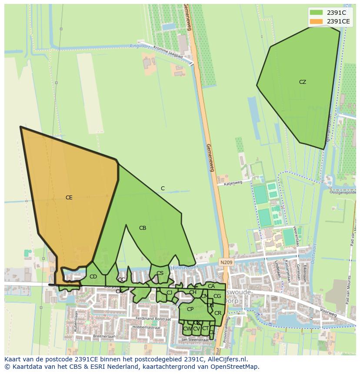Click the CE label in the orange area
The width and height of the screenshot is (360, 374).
click(x=69, y=198)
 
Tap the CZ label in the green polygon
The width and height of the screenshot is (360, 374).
click(x=303, y=82)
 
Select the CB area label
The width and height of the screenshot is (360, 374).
click(x=143, y=228)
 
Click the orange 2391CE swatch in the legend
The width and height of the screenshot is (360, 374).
click(x=316, y=21)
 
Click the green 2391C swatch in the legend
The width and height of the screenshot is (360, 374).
click(x=316, y=13)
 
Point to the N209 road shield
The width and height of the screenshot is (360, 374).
click(x=226, y=262)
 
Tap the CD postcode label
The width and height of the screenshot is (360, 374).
click(x=93, y=277)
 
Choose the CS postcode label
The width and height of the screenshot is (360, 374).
click(x=160, y=273)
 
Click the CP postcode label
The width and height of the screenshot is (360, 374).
click(x=190, y=309)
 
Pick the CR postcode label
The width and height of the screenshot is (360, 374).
click(x=218, y=313)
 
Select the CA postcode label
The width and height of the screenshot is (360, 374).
click(x=211, y=286)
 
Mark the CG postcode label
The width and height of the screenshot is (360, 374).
click(x=217, y=296)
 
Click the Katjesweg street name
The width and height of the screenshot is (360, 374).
click(x=233, y=183)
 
